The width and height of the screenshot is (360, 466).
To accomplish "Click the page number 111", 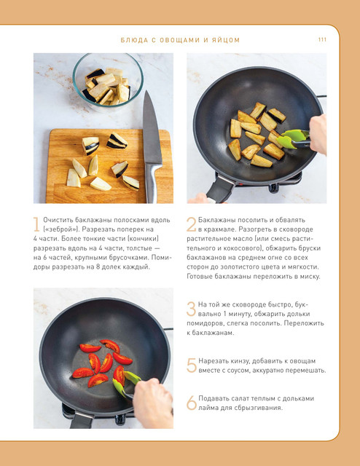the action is coord(322,39).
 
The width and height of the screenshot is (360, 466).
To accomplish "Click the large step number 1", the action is coord(36,224).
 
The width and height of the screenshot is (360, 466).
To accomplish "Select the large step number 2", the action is coord(192,224).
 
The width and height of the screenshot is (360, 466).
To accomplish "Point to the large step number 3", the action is coord(192,309).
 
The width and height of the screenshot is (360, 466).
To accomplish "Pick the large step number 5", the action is coord(192,366).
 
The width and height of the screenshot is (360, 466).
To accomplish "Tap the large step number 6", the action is coord(192,403).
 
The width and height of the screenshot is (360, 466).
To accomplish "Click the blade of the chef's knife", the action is coord(151,128).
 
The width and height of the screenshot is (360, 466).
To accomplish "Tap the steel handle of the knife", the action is coord(152,183).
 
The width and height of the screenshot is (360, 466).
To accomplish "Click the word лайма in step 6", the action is coord(208,408).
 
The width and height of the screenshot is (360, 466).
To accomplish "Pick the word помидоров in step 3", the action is coord(203,323).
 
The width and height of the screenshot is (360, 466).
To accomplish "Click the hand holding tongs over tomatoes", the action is coord(153,403).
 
